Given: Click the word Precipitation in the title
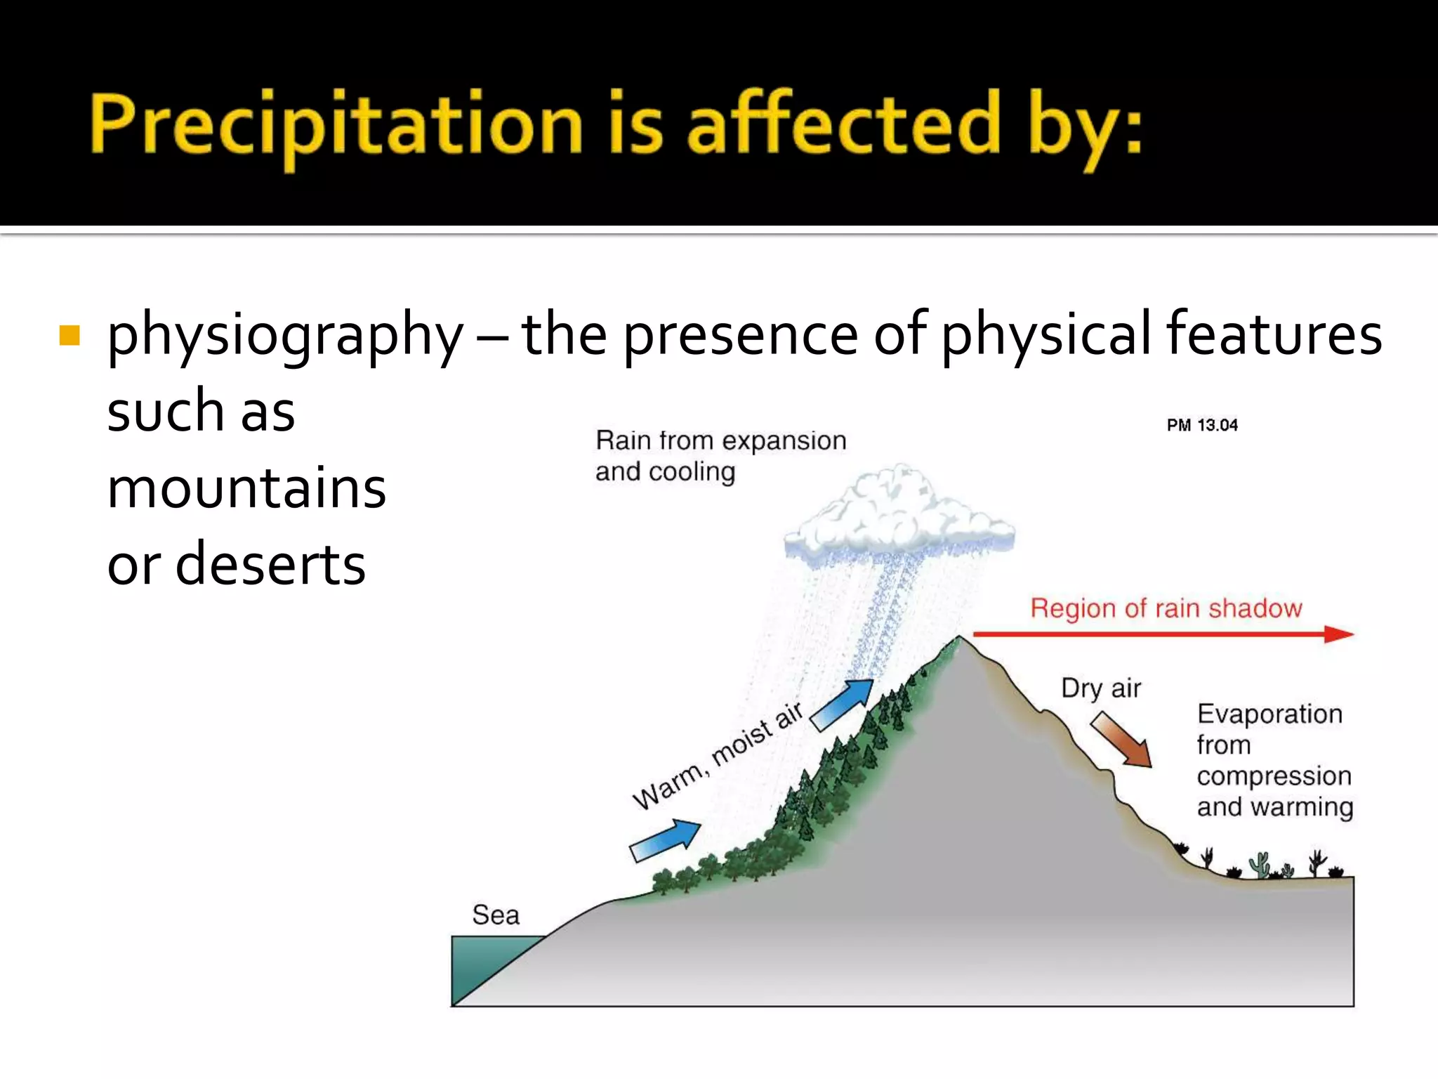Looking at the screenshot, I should [336, 124].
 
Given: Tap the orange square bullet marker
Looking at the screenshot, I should [70, 335].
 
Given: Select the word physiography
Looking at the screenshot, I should [284, 336].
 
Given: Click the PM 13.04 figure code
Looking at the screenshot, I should [1202, 425].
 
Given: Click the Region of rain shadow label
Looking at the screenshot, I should [1166, 608].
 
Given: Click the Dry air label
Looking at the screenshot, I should [1101, 688].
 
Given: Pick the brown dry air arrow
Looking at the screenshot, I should [1122, 740].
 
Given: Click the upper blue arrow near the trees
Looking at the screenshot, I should [843, 705].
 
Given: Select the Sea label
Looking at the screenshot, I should [496, 915].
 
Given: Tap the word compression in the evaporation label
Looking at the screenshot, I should [1274, 776].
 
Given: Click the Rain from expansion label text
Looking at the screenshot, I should [720, 441].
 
